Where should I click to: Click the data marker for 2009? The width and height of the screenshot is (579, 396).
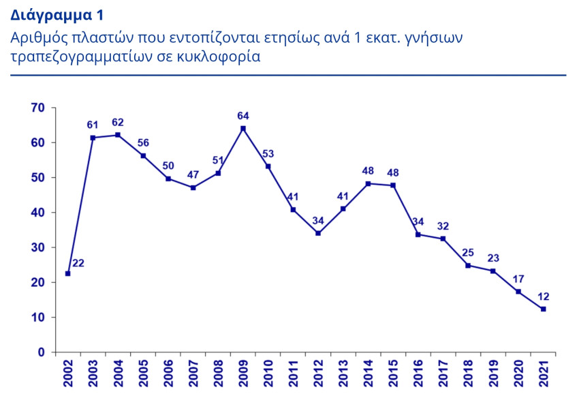click(x=243, y=128)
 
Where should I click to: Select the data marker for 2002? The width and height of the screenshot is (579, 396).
click(x=67, y=273)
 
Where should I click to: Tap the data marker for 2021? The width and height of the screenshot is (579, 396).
click(x=543, y=309)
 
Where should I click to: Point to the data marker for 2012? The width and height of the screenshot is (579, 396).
click(x=318, y=233)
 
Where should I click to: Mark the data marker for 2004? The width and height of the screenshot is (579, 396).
click(x=118, y=135)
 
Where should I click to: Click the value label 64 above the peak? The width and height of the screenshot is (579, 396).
click(x=243, y=115)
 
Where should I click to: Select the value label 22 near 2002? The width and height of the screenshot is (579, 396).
click(x=78, y=262)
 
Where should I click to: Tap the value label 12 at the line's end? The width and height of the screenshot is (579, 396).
click(x=543, y=296)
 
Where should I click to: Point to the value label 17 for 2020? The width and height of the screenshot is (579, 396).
click(x=518, y=278)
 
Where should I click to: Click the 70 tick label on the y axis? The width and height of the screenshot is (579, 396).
click(x=37, y=108)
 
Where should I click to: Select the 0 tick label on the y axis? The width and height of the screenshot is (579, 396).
click(x=41, y=352)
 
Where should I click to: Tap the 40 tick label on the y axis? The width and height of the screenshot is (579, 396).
click(x=37, y=213)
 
